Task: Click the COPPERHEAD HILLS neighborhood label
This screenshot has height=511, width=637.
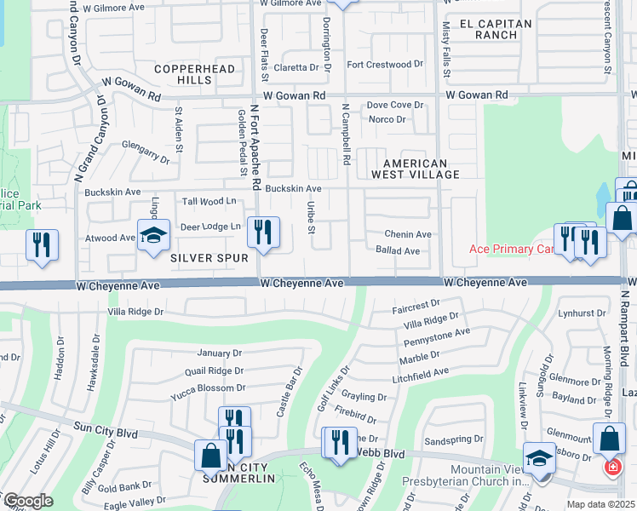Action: [x=183, y=73]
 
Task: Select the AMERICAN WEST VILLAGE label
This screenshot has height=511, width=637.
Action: [x=421, y=169]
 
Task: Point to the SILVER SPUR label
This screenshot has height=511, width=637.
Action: [x=202, y=256]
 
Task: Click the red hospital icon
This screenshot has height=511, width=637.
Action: [x=611, y=468]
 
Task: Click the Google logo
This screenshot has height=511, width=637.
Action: [x=27, y=501]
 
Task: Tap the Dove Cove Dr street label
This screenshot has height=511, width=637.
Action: [x=394, y=105]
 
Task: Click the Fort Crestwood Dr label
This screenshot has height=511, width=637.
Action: [x=384, y=64]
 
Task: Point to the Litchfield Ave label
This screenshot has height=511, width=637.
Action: [x=419, y=373]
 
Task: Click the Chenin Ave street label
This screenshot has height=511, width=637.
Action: [x=408, y=234]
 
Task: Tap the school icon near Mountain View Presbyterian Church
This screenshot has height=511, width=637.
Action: [x=539, y=458]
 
